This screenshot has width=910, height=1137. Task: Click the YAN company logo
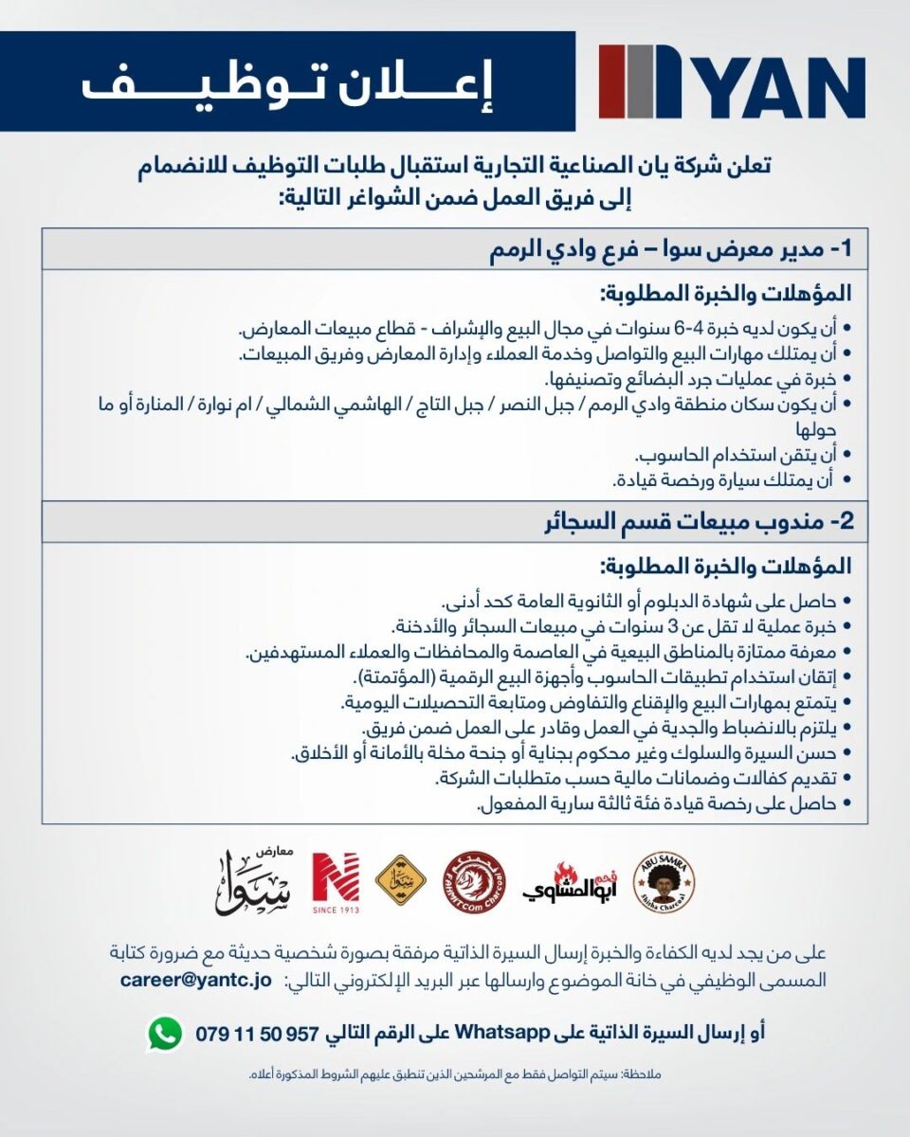[x=732, y=81]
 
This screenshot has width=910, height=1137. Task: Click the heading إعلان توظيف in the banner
[x=287, y=82]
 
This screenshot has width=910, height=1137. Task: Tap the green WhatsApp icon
[x=164, y=1033]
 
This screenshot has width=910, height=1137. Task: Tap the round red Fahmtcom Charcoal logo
[x=474, y=882]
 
